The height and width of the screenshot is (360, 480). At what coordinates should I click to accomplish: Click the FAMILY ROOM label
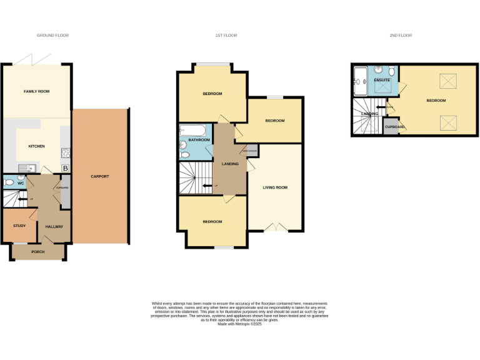[x=36, y=91]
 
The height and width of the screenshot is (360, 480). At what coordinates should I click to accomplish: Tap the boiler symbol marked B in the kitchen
[x=66, y=168]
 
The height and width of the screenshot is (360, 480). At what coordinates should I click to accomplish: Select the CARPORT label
[x=99, y=176]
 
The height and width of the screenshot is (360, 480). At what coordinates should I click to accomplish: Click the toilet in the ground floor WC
[x=7, y=184]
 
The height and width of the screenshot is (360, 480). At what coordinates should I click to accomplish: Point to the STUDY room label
[x=19, y=226]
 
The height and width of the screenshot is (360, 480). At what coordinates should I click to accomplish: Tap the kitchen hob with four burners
[x=66, y=153]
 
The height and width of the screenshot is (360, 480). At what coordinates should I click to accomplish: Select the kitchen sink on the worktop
[x=26, y=167]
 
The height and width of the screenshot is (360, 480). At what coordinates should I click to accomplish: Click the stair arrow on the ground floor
[x=22, y=199]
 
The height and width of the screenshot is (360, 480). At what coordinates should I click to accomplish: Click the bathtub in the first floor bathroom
[x=192, y=131]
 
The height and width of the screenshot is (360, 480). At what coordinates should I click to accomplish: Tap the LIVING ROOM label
[x=274, y=186]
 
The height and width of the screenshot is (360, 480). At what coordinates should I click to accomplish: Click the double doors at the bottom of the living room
[x=274, y=227]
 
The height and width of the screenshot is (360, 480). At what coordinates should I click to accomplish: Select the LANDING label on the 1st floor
[x=230, y=164]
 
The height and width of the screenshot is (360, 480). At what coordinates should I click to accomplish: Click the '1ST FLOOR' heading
[x=226, y=35]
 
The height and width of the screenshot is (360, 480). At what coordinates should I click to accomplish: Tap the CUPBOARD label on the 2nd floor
[x=394, y=127]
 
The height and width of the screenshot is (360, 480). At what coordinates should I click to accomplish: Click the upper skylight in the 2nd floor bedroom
[x=447, y=81]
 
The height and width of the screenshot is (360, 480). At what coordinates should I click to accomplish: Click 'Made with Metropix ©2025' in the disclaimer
[x=239, y=323]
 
